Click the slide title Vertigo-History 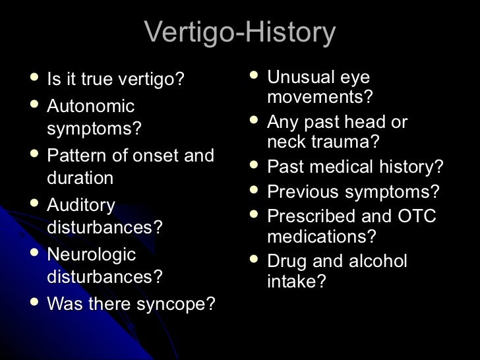click(239, 32)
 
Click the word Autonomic click(90, 106)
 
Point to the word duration click(80, 178)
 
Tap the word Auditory click(81, 206)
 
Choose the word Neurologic click(91, 255)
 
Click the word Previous click(304, 193)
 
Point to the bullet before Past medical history click(254, 166)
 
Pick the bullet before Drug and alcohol click(254, 260)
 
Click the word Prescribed click(312, 216)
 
